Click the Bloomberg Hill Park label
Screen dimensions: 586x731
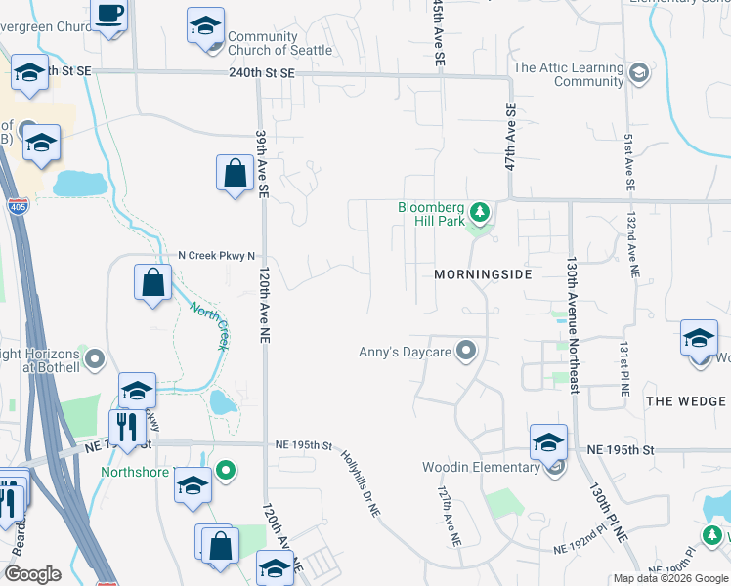[431, 214]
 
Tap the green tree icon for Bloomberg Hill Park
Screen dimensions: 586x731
[479, 211]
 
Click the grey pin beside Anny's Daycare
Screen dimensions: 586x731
[466, 350]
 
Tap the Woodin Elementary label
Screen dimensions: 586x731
[481, 467]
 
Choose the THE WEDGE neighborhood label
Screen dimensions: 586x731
[686, 401]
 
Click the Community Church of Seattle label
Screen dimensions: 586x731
[276, 44]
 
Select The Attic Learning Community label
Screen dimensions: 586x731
[568, 74]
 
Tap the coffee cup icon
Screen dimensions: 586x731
[109, 15]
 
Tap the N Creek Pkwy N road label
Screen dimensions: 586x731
[216, 256]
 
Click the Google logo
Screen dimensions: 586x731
[32, 574]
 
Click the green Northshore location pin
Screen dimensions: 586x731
[226, 470]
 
